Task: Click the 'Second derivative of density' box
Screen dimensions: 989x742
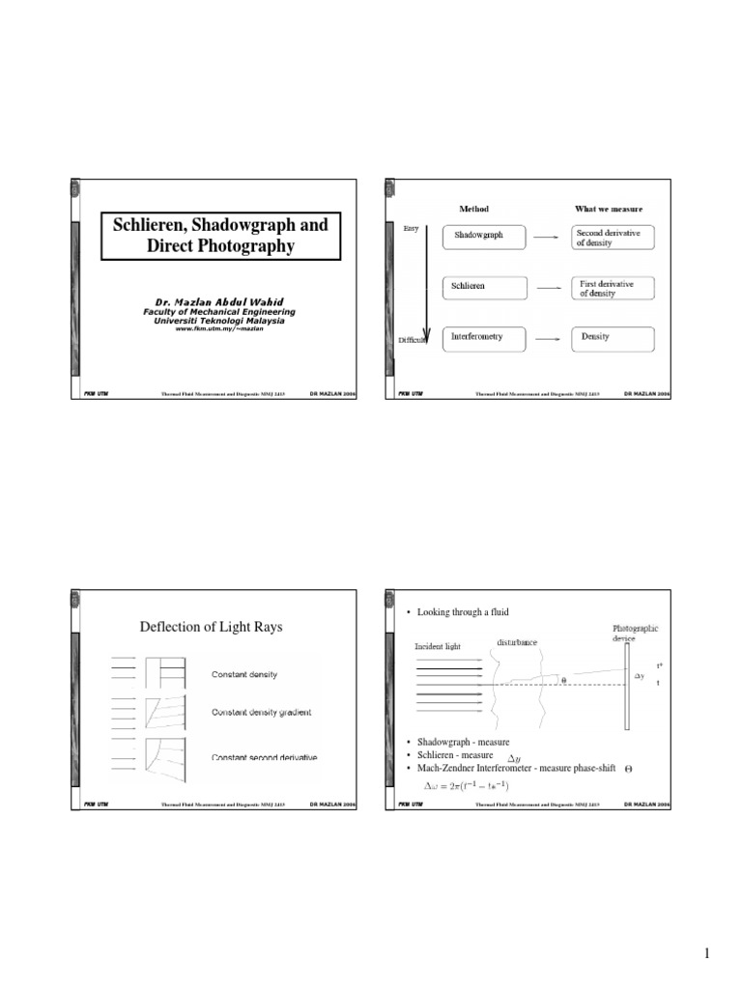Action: coord(613,237)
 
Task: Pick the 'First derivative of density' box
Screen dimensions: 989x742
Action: coord(613,288)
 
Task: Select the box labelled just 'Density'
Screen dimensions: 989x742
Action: coord(613,338)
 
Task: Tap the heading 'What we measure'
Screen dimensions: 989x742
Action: coord(609,209)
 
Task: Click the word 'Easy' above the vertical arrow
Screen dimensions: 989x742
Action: coord(410,228)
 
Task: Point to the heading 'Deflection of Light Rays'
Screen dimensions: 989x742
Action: coord(214,627)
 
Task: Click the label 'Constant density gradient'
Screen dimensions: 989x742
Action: coord(262,713)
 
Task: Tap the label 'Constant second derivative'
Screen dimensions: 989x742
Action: coord(264,757)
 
